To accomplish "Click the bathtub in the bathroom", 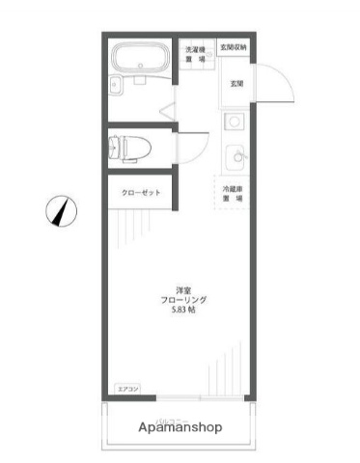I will coord(141,67).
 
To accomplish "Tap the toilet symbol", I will coord(127,148).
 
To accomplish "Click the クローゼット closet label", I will coord(140,193).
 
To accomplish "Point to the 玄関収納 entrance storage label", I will coord(233,46).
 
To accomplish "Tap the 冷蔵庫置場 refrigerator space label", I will coord(233,193).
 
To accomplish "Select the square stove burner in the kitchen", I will coord(233,122).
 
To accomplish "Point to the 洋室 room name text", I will coord(183,289).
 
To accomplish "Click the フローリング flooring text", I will coord(183,300).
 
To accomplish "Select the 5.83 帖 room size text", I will coord(183,311).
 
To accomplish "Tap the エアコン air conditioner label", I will coord(127,389).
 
